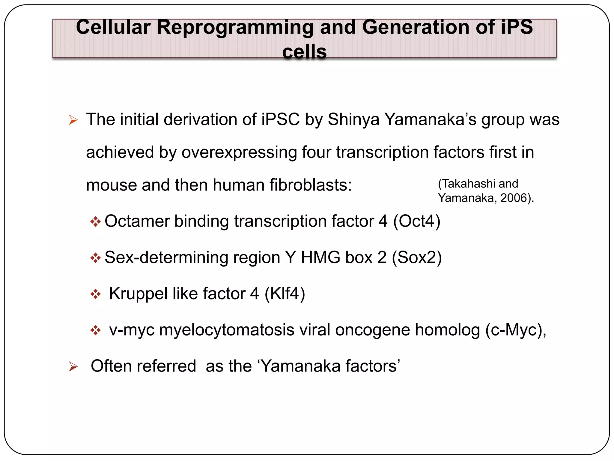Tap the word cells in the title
coord(304,52)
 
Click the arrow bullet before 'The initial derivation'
coord(73,120)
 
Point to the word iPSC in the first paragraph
coord(280,119)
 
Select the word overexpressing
coord(239,152)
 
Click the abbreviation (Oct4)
coord(417,221)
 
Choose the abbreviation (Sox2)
coord(417,258)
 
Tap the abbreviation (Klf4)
coord(285,294)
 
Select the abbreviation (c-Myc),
coord(516,330)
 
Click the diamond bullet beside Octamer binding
coord(95,222)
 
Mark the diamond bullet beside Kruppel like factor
coord(95,294)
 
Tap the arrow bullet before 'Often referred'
coord(73,366)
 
